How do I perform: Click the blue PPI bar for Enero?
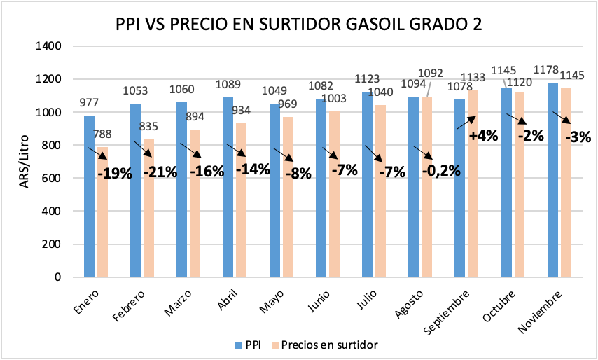pyautogui.click(x=89, y=196)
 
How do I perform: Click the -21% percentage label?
pyautogui.click(x=160, y=172)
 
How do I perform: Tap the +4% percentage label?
pyautogui.click(x=483, y=136)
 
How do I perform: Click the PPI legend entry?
pyautogui.click(x=247, y=345)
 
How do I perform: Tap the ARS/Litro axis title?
pyautogui.click(x=23, y=161)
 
